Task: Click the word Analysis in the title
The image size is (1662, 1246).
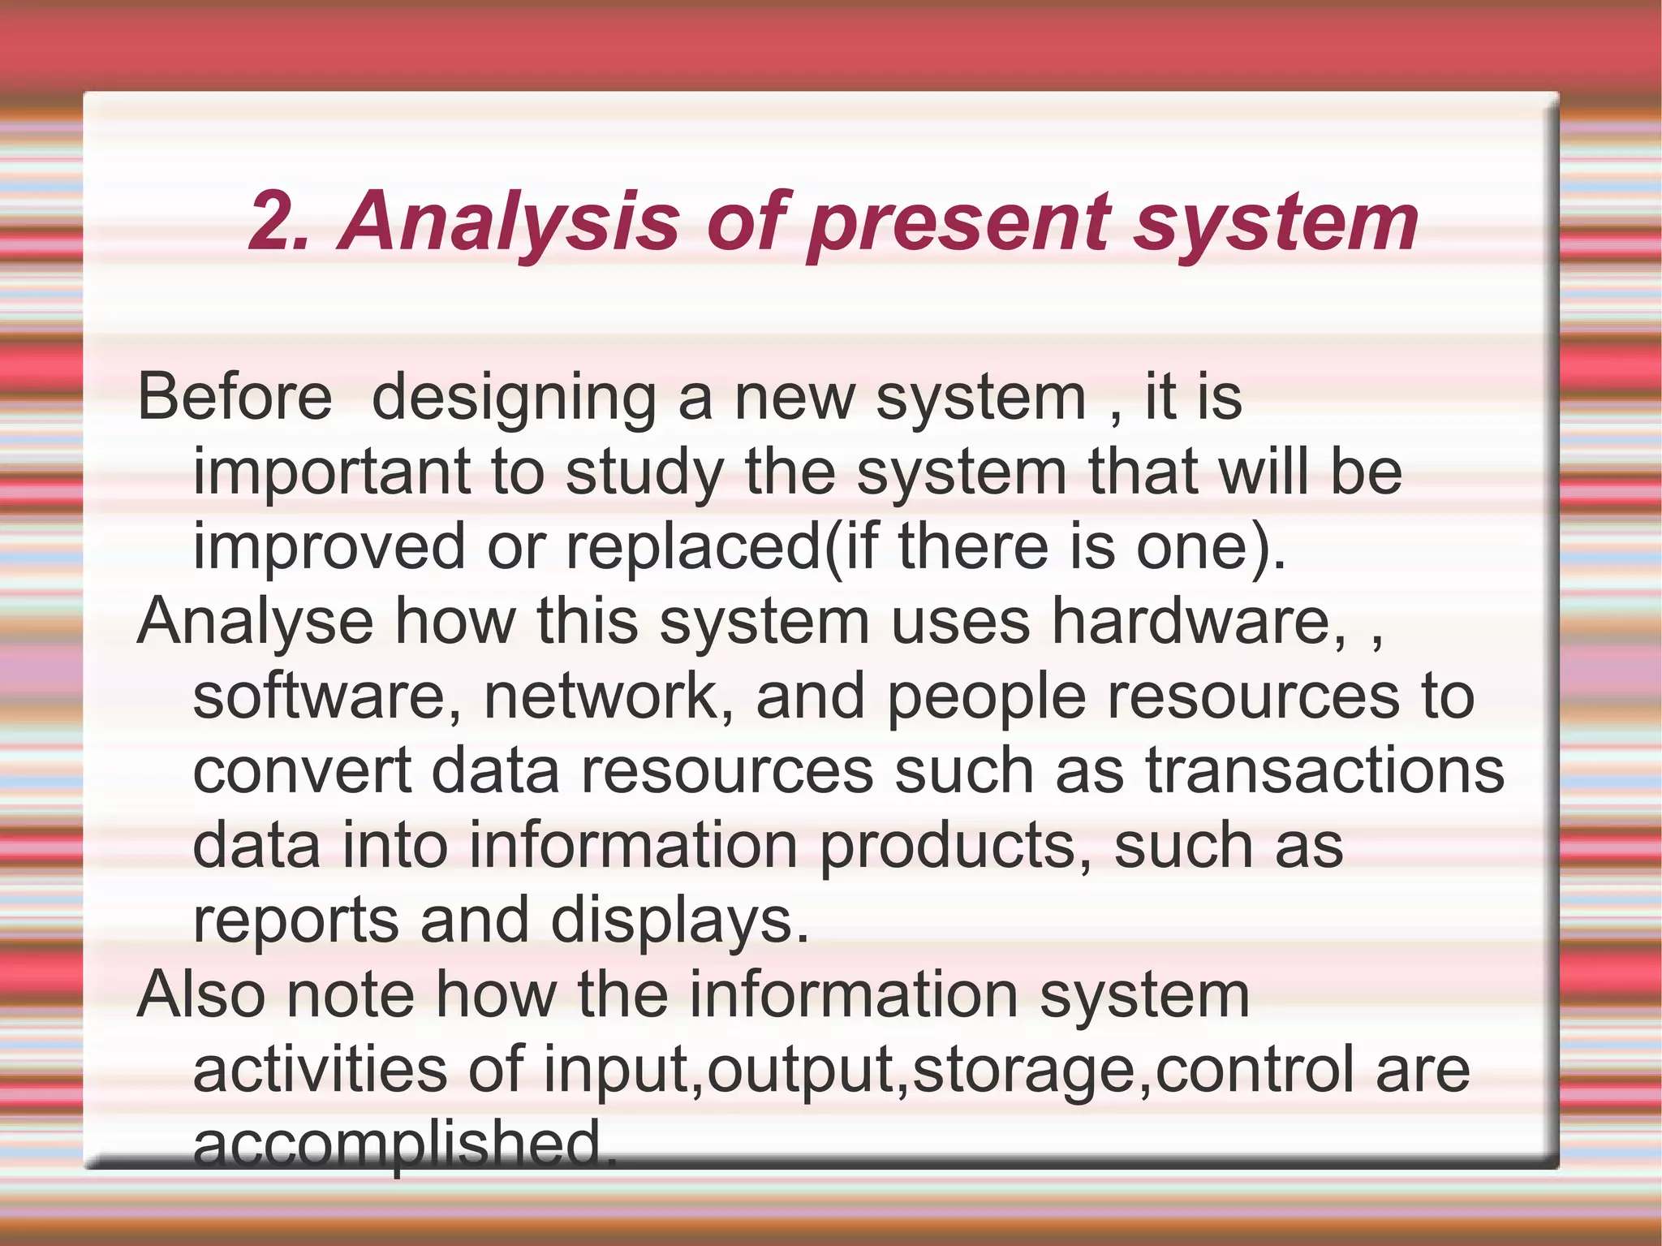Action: (510, 221)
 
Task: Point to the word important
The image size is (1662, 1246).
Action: (331, 472)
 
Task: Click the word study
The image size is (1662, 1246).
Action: (644, 472)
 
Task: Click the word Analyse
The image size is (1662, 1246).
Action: (256, 622)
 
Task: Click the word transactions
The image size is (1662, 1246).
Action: (1324, 771)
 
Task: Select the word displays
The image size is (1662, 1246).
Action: (680, 920)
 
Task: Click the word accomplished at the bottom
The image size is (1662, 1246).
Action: (404, 1143)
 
